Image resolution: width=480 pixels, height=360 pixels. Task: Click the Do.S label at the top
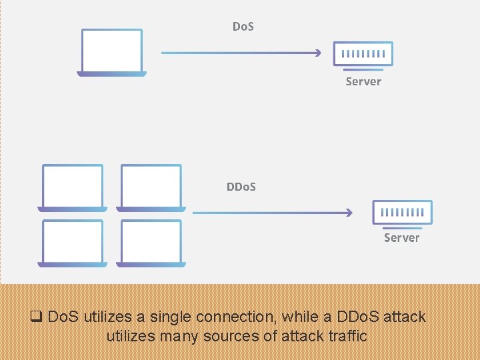click(243, 27)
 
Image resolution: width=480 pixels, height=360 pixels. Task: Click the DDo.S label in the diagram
click(241, 187)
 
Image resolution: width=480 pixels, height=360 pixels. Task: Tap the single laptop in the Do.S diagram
click(112, 52)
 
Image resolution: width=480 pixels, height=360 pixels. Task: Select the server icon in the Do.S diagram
click(363, 54)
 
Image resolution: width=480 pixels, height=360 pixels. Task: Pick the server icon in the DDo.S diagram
click(402, 213)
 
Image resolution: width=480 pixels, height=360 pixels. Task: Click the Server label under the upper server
click(363, 81)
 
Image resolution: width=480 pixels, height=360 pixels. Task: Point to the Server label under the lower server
click(401, 237)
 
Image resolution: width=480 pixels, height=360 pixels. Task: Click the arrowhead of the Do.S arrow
click(318, 53)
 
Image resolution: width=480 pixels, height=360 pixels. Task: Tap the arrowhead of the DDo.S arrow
click(348, 213)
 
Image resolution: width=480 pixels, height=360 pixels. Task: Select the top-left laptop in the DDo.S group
click(73, 187)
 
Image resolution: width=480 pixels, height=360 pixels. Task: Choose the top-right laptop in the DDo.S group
click(151, 187)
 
